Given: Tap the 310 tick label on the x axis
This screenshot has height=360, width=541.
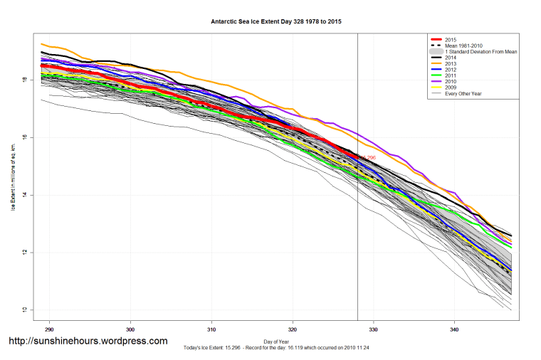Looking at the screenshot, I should coord(211,331).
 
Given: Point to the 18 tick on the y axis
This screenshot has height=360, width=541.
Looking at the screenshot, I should coord(25,80).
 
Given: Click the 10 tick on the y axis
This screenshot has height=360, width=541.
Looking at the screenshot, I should coord(25,310).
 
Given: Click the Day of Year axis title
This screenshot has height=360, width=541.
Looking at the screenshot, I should coord(275,342).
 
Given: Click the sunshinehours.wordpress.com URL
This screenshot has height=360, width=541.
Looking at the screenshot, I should coord(88,341).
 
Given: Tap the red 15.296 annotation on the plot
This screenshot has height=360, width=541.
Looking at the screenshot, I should coord(367,157).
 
